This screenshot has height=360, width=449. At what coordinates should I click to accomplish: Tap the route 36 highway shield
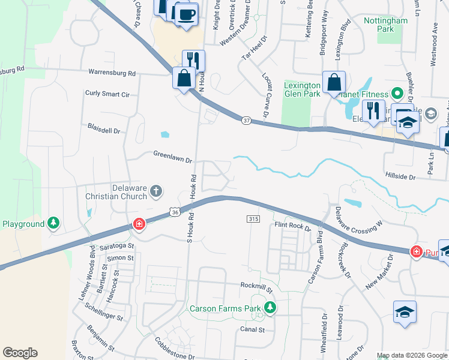tap(174, 212)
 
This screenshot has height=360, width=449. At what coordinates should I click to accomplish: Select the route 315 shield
tap(253, 220)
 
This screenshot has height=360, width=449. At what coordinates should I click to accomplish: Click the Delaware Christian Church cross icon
tap(155, 191)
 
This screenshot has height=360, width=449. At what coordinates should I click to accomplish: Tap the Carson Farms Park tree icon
tap(270, 308)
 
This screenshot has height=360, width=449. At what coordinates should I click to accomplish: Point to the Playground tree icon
tap(53, 224)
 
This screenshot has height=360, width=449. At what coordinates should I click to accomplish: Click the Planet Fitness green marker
tap(396, 94)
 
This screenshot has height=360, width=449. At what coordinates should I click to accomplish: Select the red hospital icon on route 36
tap(139, 224)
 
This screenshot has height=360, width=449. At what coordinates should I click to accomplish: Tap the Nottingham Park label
tap(386, 25)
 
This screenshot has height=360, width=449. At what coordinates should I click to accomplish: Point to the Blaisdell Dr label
tap(104, 130)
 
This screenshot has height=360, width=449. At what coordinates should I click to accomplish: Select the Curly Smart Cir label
tap(107, 94)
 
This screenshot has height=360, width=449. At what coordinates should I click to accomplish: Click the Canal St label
tap(253, 329)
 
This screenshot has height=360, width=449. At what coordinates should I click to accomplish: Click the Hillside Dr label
tap(403, 177)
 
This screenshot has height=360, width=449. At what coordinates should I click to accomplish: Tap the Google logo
tap(20, 353)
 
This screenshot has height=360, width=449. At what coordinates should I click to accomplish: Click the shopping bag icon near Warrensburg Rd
tap(183, 79)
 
